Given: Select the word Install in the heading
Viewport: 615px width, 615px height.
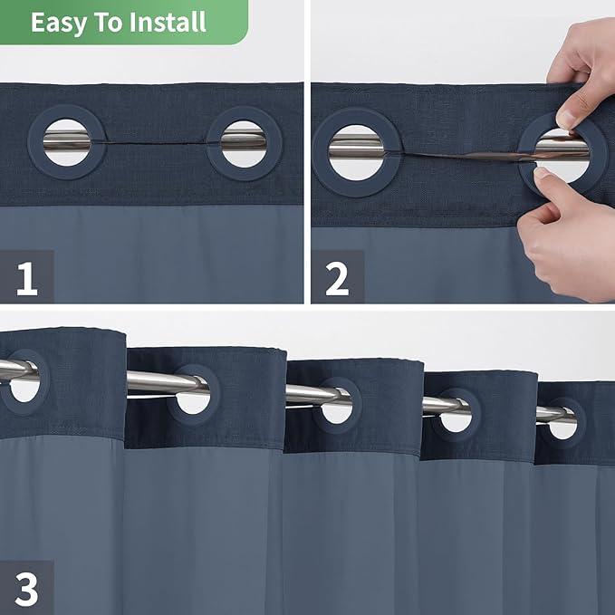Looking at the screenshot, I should pos(168,22).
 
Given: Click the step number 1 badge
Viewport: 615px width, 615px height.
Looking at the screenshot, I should pos(26,276).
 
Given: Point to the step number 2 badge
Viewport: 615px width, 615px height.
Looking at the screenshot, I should pos(337,276).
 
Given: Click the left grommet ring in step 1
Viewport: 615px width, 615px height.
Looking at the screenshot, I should pos(66,142).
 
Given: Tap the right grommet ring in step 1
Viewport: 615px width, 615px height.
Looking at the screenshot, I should pos(244,143).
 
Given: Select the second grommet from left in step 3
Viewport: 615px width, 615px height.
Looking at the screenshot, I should pos(193,390).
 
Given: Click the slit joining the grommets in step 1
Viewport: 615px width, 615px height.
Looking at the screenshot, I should pos(154,144).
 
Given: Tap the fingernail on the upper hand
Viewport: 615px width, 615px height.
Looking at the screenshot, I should pos(567,119).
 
